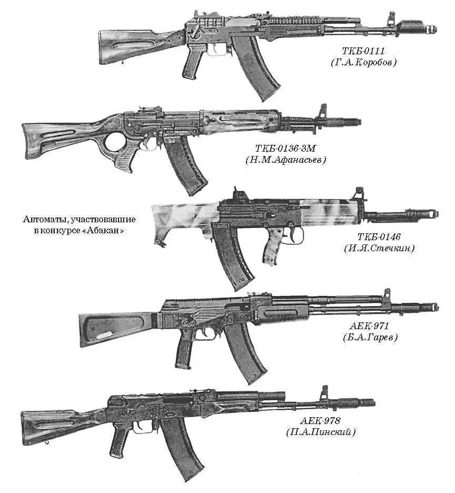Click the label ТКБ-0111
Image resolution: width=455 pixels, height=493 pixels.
(x=363, y=51)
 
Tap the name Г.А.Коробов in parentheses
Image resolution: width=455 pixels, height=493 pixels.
(x=363, y=62)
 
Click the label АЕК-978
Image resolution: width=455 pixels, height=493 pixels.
(x=321, y=421)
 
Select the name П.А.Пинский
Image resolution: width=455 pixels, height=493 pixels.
(x=321, y=432)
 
